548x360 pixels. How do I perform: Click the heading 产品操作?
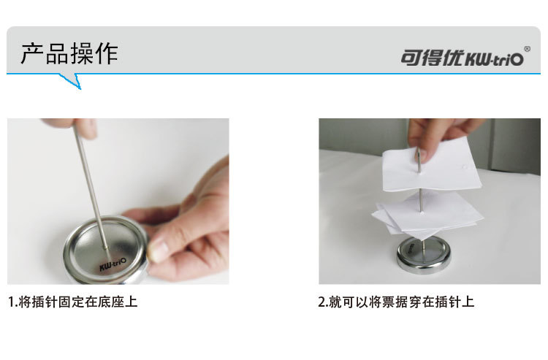click(x=69, y=53)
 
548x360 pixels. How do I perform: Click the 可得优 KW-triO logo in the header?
click(x=462, y=58)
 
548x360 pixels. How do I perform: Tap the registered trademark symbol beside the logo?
click(x=527, y=49)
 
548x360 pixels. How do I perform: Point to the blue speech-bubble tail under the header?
click(x=71, y=81)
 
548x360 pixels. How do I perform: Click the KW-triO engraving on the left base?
click(x=113, y=264)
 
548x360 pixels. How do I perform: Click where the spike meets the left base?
click(x=105, y=248)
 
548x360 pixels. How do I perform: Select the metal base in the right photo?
click(x=424, y=255)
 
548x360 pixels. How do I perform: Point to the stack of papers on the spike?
click(x=427, y=215)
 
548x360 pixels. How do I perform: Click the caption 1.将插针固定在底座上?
click(x=72, y=302)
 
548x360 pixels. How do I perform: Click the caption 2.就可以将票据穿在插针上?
click(x=396, y=302)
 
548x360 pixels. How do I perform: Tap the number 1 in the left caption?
click(x=12, y=302)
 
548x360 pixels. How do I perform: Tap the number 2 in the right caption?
click(x=322, y=302)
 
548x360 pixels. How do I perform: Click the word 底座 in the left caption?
click(x=111, y=302)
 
